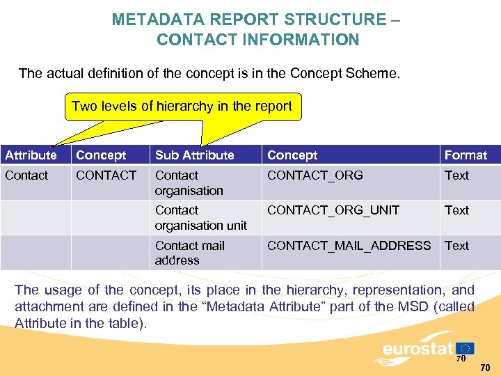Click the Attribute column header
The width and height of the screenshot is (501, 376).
(x=31, y=155)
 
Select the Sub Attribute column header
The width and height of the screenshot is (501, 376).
(x=194, y=155)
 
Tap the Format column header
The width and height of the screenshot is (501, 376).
(x=466, y=155)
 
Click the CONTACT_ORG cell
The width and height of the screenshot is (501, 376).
(x=315, y=175)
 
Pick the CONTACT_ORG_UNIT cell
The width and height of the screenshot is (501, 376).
(x=333, y=210)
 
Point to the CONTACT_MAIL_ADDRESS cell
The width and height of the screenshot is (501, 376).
(x=349, y=245)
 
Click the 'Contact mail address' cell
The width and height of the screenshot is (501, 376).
(x=190, y=252)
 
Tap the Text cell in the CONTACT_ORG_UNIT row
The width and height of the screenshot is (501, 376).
(x=456, y=210)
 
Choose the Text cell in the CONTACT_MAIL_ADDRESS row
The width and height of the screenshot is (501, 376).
(x=456, y=245)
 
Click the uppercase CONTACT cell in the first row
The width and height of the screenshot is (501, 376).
(x=106, y=175)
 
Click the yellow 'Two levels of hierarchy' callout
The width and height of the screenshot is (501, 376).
(x=182, y=107)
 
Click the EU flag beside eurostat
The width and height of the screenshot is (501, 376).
(x=465, y=347)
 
